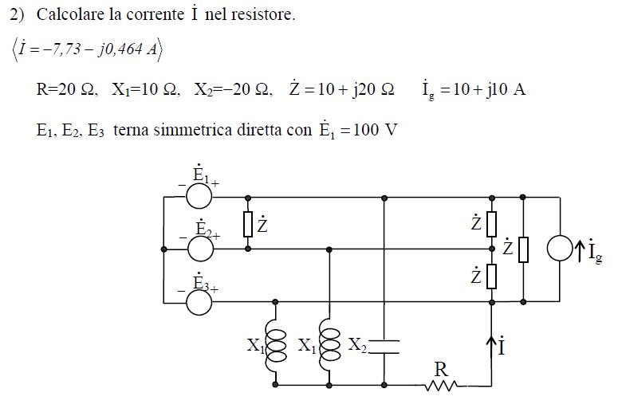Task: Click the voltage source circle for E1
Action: pyautogui.click(x=199, y=196)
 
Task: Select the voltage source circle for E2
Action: pyautogui.click(x=201, y=249)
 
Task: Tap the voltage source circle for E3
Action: pyautogui.click(x=199, y=303)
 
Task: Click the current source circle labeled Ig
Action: pyautogui.click(x=560, y=249)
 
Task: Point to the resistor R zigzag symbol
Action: pyautogui.click(x=442, y=386)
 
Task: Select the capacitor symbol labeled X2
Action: pyautogui.click(x=384, y=347)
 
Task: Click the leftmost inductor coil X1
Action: pyautogui.click(x=275, y=346)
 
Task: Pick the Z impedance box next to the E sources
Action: pyautogui.click(x=248, y=224)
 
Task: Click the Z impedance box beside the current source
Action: pyautogui.click(x=523, y=249)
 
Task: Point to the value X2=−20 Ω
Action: pyautogui.click(x=233, y=89)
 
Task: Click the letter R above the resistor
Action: pyautogui.click(x=441, y=370)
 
